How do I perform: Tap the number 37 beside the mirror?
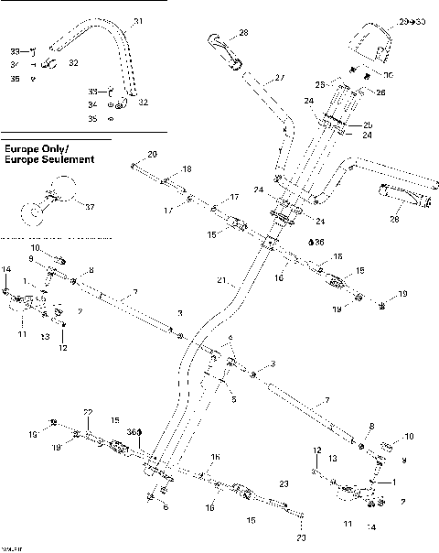pyautogui.click(x=89, y=208)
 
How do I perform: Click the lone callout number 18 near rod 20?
pyautogui.click(x=187, y=170)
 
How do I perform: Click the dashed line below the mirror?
pyautogui.click(x=55, y=237)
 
